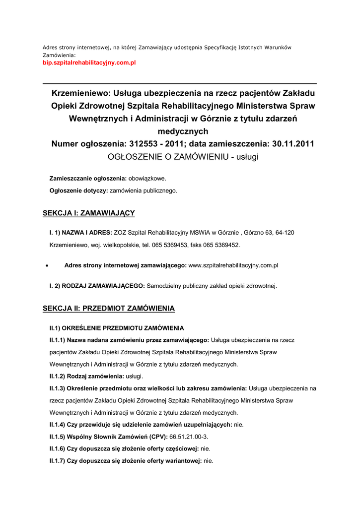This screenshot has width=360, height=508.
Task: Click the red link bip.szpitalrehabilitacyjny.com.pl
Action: [89, 63]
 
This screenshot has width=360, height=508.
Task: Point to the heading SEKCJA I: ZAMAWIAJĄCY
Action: [89, 213]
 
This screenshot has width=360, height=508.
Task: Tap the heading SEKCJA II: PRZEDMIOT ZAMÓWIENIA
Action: [109, 309]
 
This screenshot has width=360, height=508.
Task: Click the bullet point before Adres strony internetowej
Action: [46, 266]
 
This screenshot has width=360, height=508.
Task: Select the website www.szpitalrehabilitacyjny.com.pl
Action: [233, 265]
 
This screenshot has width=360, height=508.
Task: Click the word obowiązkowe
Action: [147, 178]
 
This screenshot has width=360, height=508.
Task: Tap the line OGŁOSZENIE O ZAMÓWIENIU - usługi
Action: [183, 157]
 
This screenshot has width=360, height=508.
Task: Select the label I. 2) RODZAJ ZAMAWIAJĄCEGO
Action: [97, 286]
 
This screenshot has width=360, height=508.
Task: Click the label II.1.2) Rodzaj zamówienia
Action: [86, 376]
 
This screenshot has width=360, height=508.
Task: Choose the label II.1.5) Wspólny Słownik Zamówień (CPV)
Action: [108, 437]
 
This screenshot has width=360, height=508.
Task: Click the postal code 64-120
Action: [284, 233]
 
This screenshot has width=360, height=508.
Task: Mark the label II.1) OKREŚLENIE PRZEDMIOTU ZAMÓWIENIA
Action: [116, 328]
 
